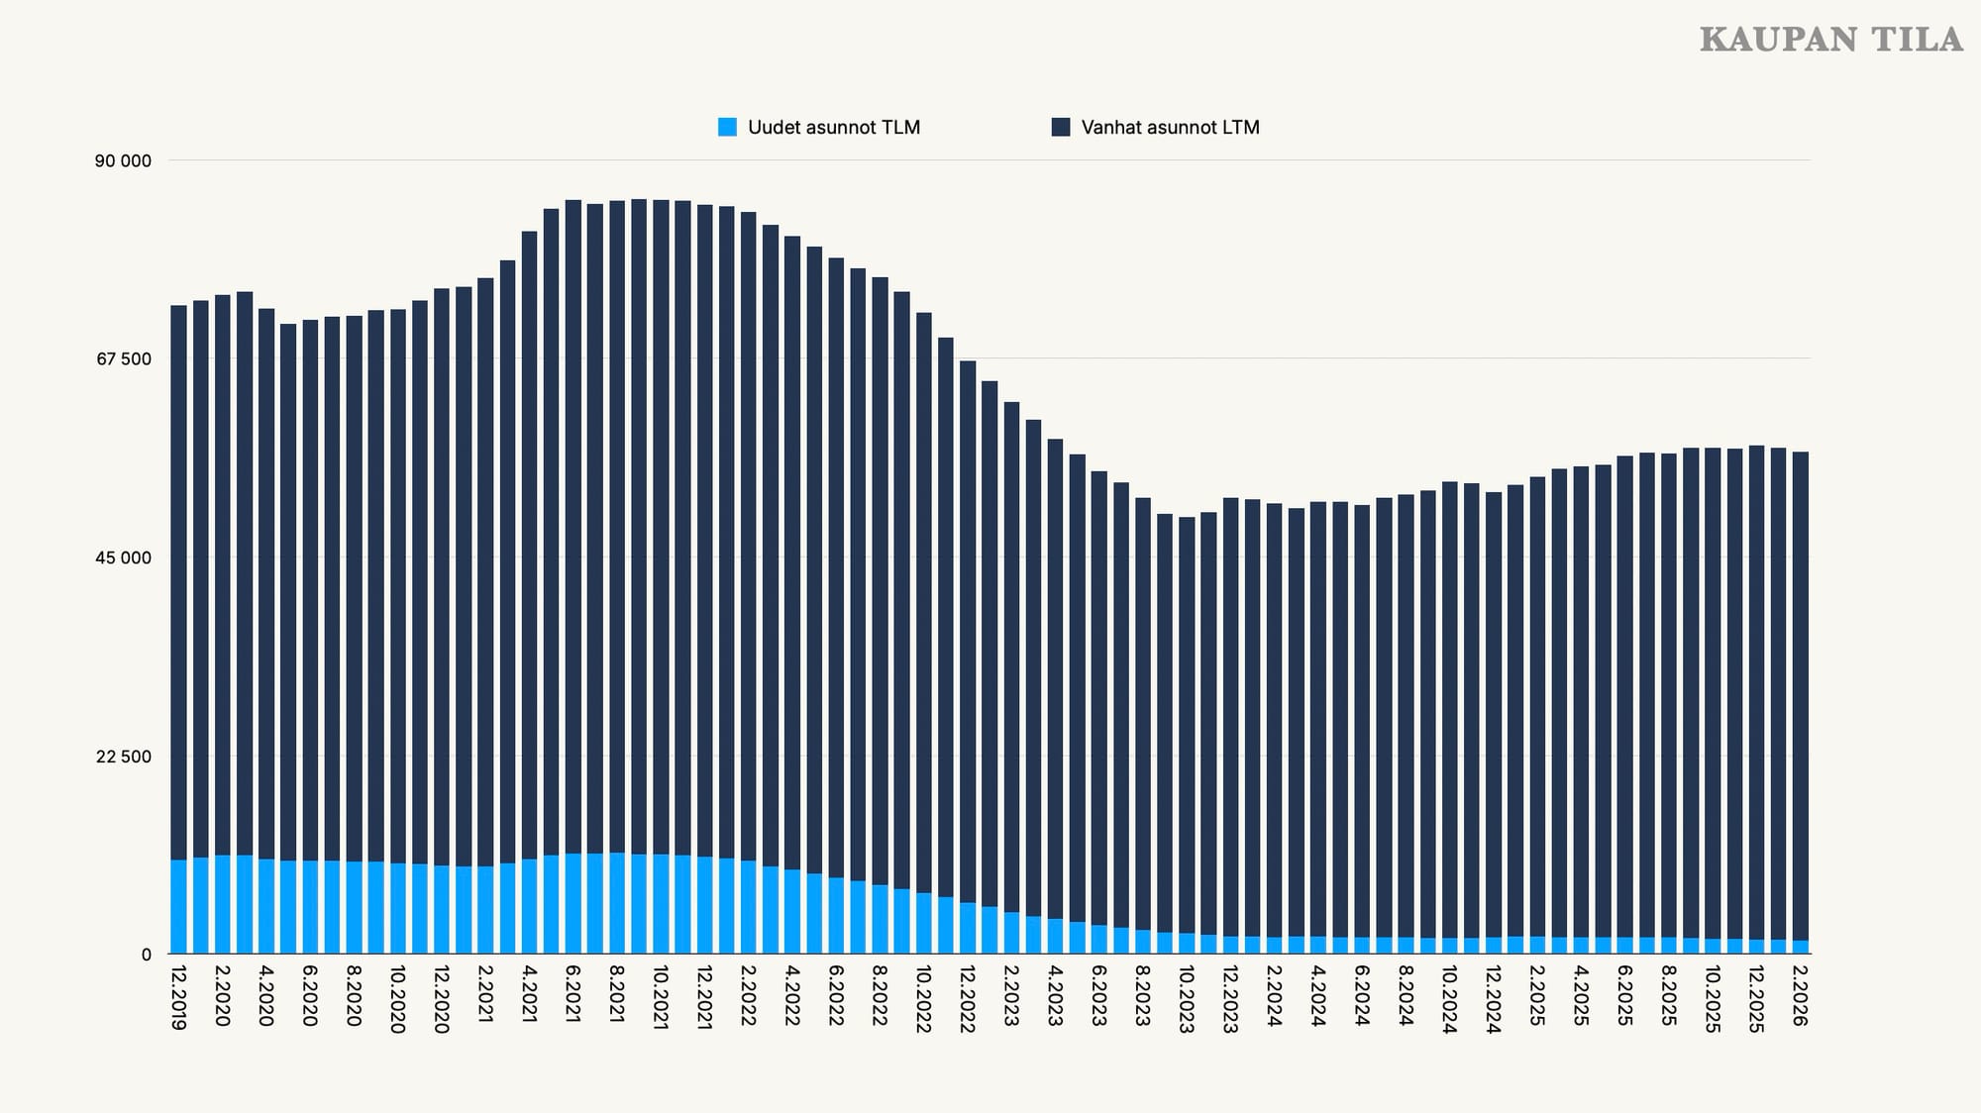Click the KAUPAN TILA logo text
click(x=1830, y=40)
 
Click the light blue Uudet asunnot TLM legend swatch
click(x=728, y=127)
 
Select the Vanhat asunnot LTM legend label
click(x=1170, y=127)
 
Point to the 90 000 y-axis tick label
click(x=124, y=160)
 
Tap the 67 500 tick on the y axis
click(x=124, y=358)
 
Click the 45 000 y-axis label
click(x=124, y=557)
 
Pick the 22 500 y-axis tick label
click(x=124, y=757)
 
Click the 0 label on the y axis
click(x=146, y=955)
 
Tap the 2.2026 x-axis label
click(x=1800, y=995)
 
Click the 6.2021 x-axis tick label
click(x=573, y=995)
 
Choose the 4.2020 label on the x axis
click(x=265, y=995)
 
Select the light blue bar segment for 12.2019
click(x=178, y=907)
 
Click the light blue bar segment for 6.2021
click(x=573, y=904)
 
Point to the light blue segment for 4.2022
click(x=791, y=912)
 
